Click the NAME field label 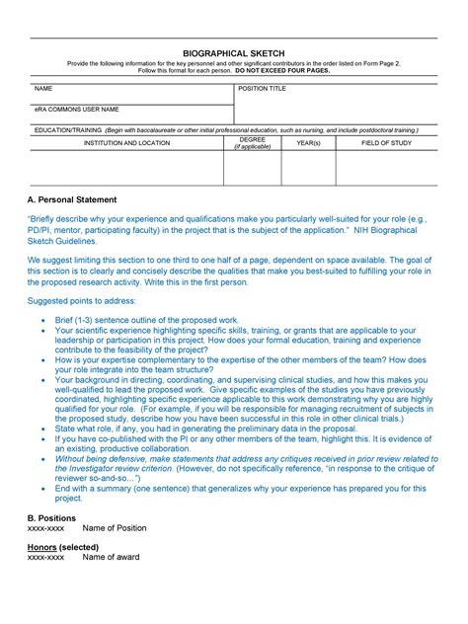point(43,89)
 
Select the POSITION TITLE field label point(262,89)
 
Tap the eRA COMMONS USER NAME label point(77,109)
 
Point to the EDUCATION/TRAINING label point(66,128)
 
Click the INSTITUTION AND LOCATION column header point(126,143)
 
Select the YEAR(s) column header point(308,143)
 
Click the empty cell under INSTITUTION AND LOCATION point(126,168)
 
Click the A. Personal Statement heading point(72,199)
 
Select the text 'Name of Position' point(115,528)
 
